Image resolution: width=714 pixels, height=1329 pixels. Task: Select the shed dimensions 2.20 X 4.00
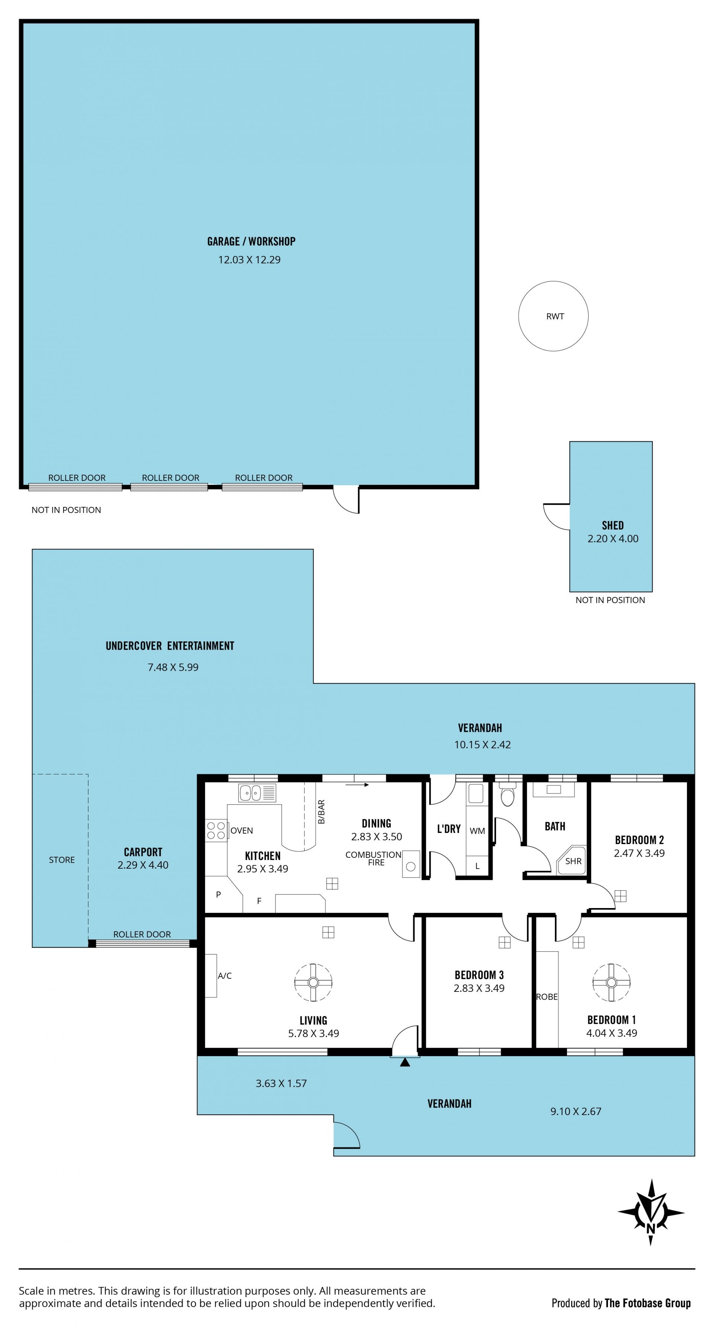(x=613, y=539)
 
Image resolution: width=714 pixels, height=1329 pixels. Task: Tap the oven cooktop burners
(x=216, y=830)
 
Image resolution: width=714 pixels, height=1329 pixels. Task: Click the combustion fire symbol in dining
(x=411, y=864)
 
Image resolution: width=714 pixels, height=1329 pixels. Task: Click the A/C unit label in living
(x=225, y=975)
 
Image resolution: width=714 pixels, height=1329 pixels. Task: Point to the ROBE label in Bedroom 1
(x=547, y=997)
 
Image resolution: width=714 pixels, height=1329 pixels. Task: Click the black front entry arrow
(x=405, y=1062)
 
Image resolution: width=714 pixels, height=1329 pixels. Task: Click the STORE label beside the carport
(x=62, y=860)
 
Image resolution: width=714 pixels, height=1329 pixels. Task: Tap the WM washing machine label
(x=477, y=831)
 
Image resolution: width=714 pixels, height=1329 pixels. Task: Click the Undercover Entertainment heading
(x=170, y=646)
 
